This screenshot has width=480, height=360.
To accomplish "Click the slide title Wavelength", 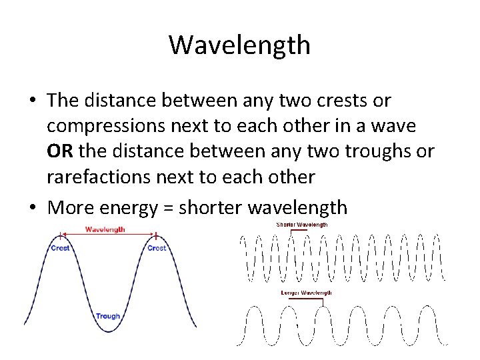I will click(239, 45).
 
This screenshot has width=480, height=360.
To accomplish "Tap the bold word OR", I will click(60, 151).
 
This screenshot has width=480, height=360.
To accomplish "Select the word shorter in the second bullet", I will click(211, 207).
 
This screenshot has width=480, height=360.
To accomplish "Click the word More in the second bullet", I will click(71, 207).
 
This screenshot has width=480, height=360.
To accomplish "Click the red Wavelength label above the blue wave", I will click(105, 229).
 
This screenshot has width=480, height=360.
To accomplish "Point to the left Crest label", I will click(61, 248).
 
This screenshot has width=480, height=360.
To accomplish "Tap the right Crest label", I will click(157, 248).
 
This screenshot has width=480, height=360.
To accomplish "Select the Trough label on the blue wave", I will click(108, 316).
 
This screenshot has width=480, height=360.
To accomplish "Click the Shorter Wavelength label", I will click(301, 225).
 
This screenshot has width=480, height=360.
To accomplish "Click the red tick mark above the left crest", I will click(61, 235).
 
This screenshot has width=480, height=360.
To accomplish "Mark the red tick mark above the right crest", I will click(156, 235).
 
